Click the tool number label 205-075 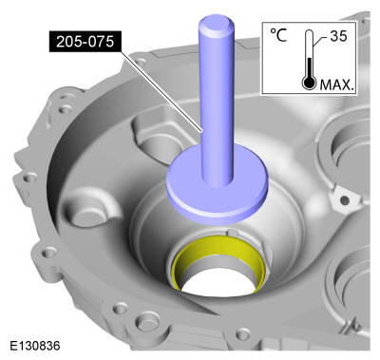[85, 42]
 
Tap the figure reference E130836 [35, 346]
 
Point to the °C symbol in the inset [278, 35]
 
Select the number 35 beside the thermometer [338, 36]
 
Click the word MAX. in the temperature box [336, 85]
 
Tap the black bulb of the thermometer [309, 83]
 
